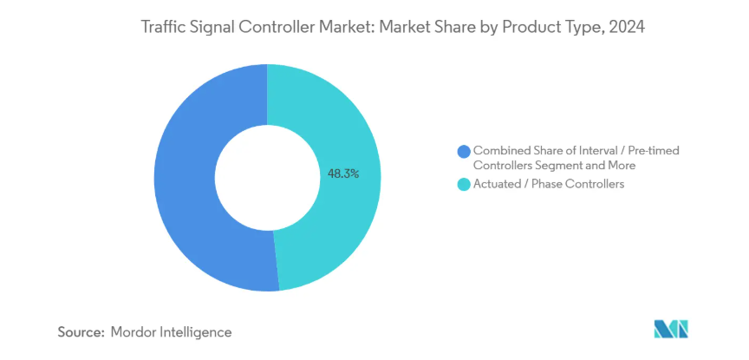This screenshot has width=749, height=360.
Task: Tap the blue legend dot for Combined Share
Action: (x=464, y=151)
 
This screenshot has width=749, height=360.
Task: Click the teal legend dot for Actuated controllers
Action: (x=464, y=184)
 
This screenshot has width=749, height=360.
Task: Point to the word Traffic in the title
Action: (x=164, y=28)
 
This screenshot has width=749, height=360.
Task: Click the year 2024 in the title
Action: (x=628, y=28)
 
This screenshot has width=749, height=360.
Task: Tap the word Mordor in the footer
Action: (x=136, y=331)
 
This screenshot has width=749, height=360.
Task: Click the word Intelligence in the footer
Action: (x=198, y=331)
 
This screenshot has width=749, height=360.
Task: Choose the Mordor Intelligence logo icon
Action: (x=670, y=330)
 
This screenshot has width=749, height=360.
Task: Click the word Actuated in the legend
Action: (x=498, y=184)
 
